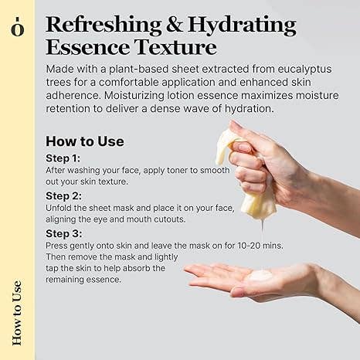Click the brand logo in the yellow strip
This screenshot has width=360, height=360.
18,26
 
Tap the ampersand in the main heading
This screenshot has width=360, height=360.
175,25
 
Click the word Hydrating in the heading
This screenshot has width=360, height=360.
242,25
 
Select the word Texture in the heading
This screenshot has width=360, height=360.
175,47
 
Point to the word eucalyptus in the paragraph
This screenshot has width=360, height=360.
304,70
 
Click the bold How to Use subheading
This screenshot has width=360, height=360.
85,141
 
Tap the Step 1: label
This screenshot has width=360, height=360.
63,158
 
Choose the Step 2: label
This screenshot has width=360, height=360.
63,196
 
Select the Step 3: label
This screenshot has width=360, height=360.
64,234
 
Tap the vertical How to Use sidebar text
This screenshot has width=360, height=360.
17,313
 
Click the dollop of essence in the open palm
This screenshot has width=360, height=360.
261,276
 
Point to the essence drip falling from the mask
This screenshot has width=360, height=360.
263,229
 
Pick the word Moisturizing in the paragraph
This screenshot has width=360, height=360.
134,96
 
